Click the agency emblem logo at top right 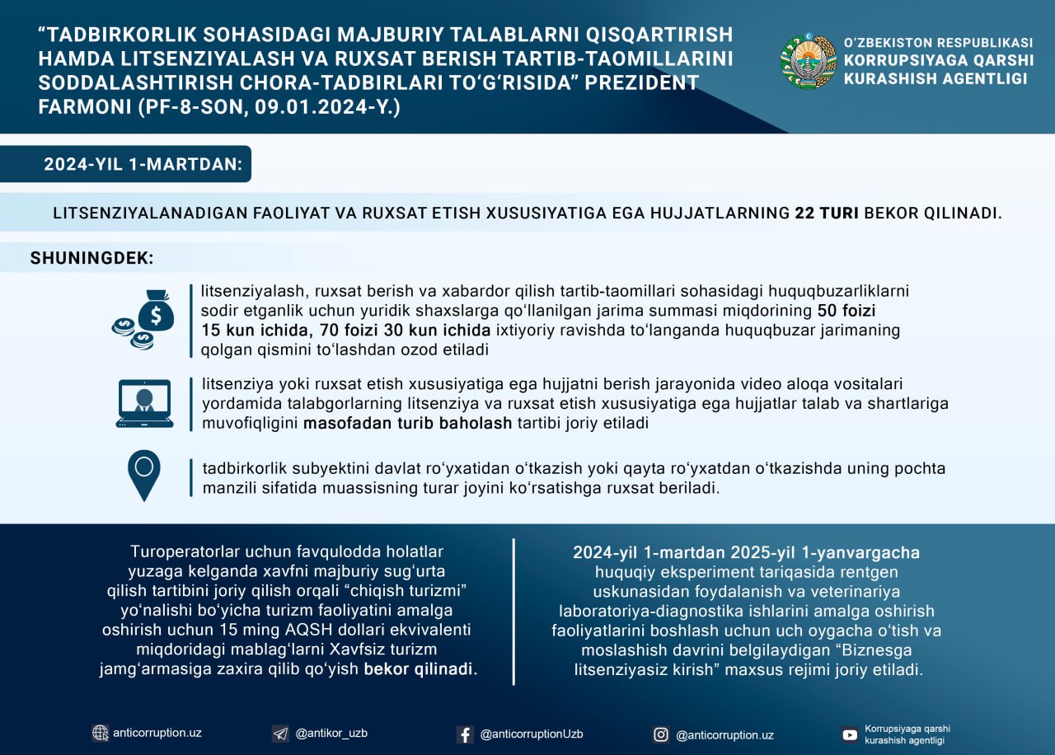tap(808, 61)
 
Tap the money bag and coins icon tap(144, 320)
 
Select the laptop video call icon tap(144, 404)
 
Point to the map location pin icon tap(144, 475)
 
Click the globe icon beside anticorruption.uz tap(101, 733)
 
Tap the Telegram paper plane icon tap(280, 734)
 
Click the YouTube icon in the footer tap(850, 734)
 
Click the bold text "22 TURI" tap(827, 213)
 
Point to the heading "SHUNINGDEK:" tap(92, 258)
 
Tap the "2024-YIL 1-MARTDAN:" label tap(143, 164)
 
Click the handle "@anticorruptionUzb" tap(532, 734)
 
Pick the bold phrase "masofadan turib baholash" tap(407, 424)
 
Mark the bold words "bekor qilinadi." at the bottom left tap(420, 669)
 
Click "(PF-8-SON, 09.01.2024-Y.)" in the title tap(218, 107)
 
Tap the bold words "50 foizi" tap(846, 312)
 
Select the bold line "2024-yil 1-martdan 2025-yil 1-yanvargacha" tap(747, 552)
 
